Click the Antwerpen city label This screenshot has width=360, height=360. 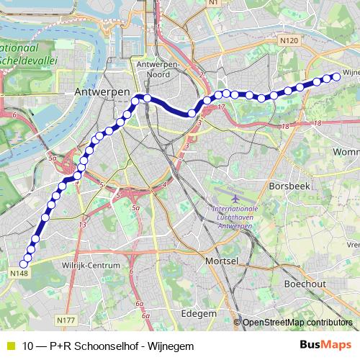102,93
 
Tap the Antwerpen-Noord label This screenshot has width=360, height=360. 158,70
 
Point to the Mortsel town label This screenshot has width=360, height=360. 222,260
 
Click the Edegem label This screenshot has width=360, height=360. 199,314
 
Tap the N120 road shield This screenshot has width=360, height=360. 290,41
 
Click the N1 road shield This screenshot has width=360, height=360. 232,4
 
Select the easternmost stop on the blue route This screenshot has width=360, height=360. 336,77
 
